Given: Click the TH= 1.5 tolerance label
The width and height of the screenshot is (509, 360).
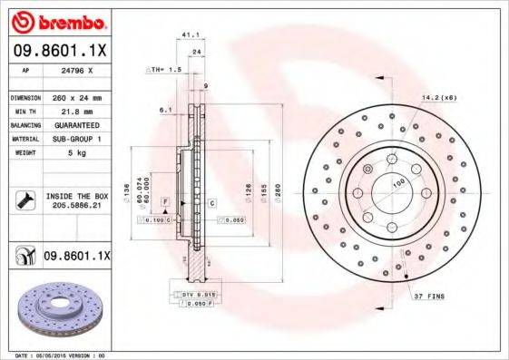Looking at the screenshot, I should pyautogui.click(x=167, y=70).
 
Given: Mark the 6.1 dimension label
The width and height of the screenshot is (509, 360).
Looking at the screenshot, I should pyautogui.click(x=165, y=110).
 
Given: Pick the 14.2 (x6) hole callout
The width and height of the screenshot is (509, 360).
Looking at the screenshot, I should pyautogui.click(x=437, y=96).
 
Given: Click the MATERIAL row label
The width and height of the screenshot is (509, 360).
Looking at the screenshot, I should pyautogui.click(x=24, y=139).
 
